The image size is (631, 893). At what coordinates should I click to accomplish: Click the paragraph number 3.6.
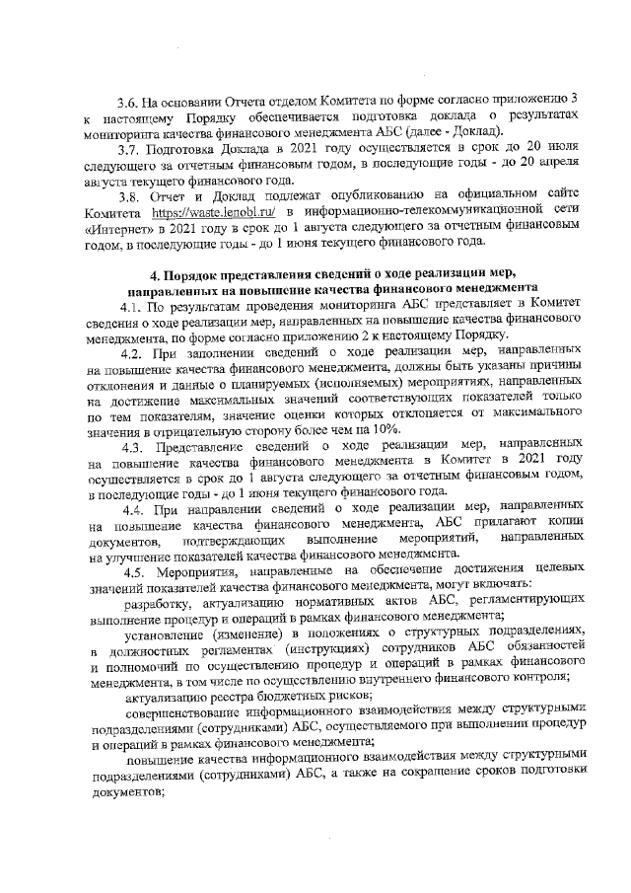click(x=127, y=102)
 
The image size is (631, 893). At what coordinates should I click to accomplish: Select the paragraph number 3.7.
click(x=127, y=149)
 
